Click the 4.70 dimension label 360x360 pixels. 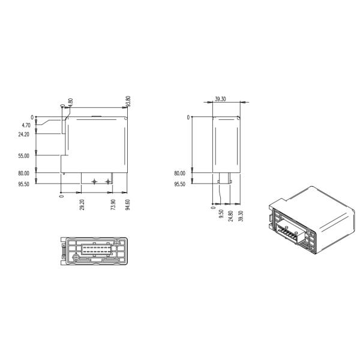(26, 125)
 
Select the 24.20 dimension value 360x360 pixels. (23, 134)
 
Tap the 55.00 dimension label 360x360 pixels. (23, 156)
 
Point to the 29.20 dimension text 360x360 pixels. (83, 205)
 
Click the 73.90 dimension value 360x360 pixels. (113, 205)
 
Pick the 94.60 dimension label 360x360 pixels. (128, 205)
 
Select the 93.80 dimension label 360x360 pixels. (128, 101)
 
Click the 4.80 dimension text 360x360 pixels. (71, 102)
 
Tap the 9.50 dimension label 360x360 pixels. (221, 214)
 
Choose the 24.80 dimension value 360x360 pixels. (231, 216)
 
